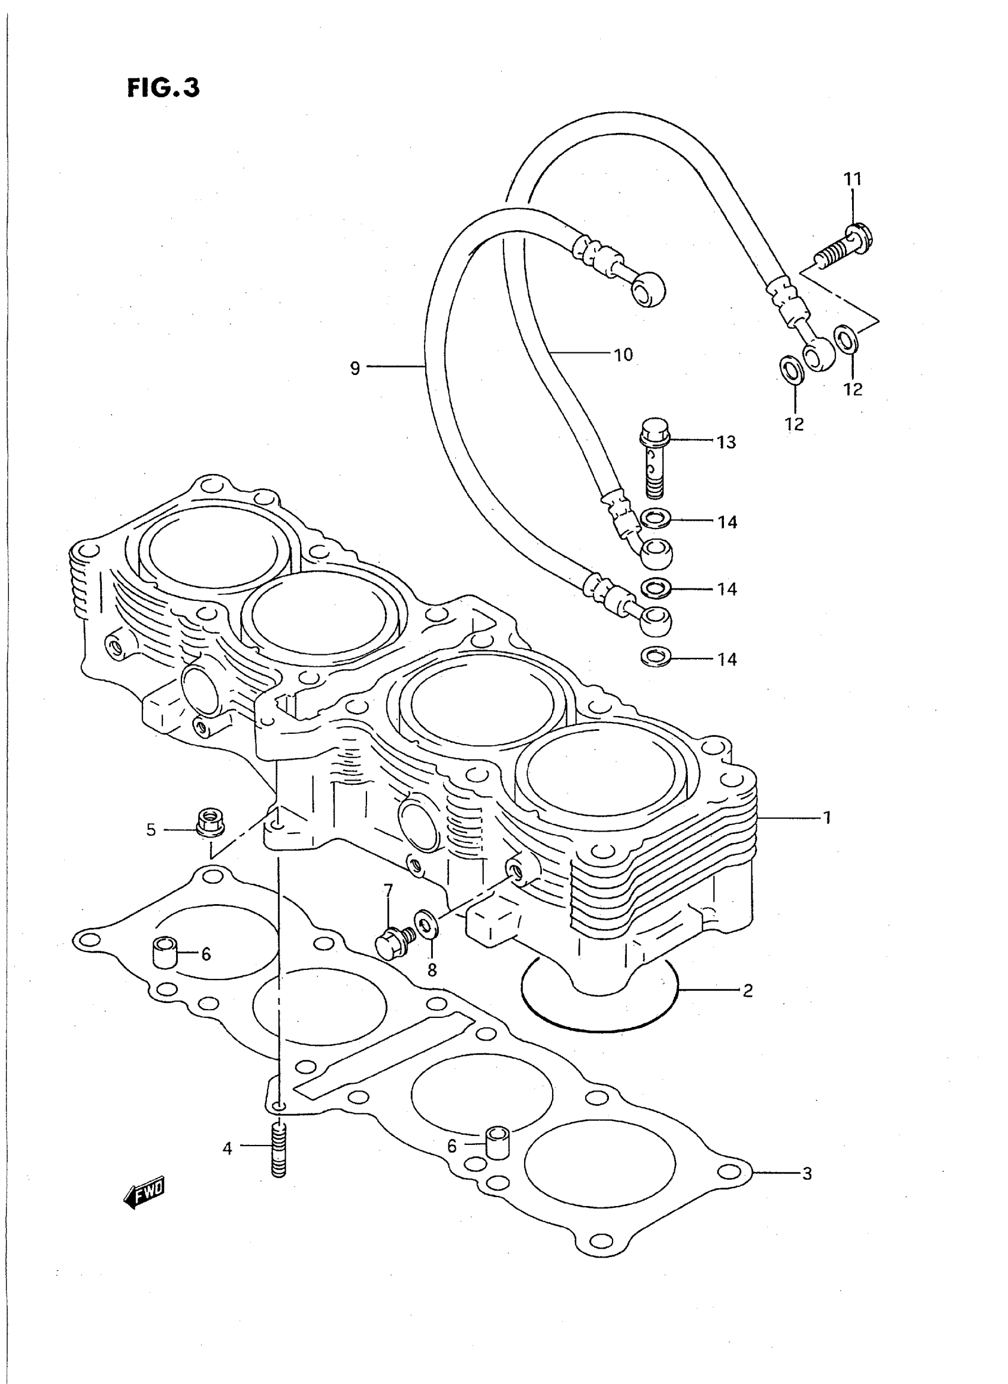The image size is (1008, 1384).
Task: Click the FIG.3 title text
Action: (163, 88)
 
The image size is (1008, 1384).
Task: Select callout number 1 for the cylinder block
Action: (827, 817)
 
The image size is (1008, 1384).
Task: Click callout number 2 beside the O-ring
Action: (748, 990)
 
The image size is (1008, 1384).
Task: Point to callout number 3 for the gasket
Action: (806, 1173)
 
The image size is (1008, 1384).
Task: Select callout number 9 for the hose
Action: (355, 368)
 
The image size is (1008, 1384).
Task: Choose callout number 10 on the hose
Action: (624, 355)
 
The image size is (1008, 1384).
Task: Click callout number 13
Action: (726, 442)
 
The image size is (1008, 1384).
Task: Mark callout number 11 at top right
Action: (853, 179)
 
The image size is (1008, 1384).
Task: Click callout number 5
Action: (151, 830)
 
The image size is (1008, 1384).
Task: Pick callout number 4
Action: (227, 1148)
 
